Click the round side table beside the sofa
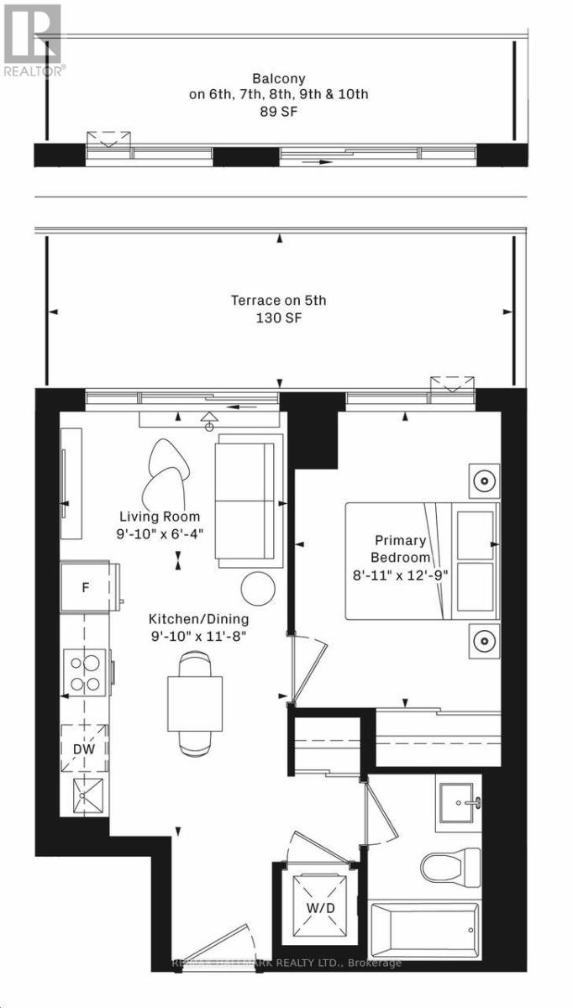258,588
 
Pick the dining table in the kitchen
195,701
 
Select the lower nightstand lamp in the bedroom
484,642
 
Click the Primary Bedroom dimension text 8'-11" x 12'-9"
402,575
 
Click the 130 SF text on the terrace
278,318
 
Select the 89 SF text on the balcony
278,110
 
